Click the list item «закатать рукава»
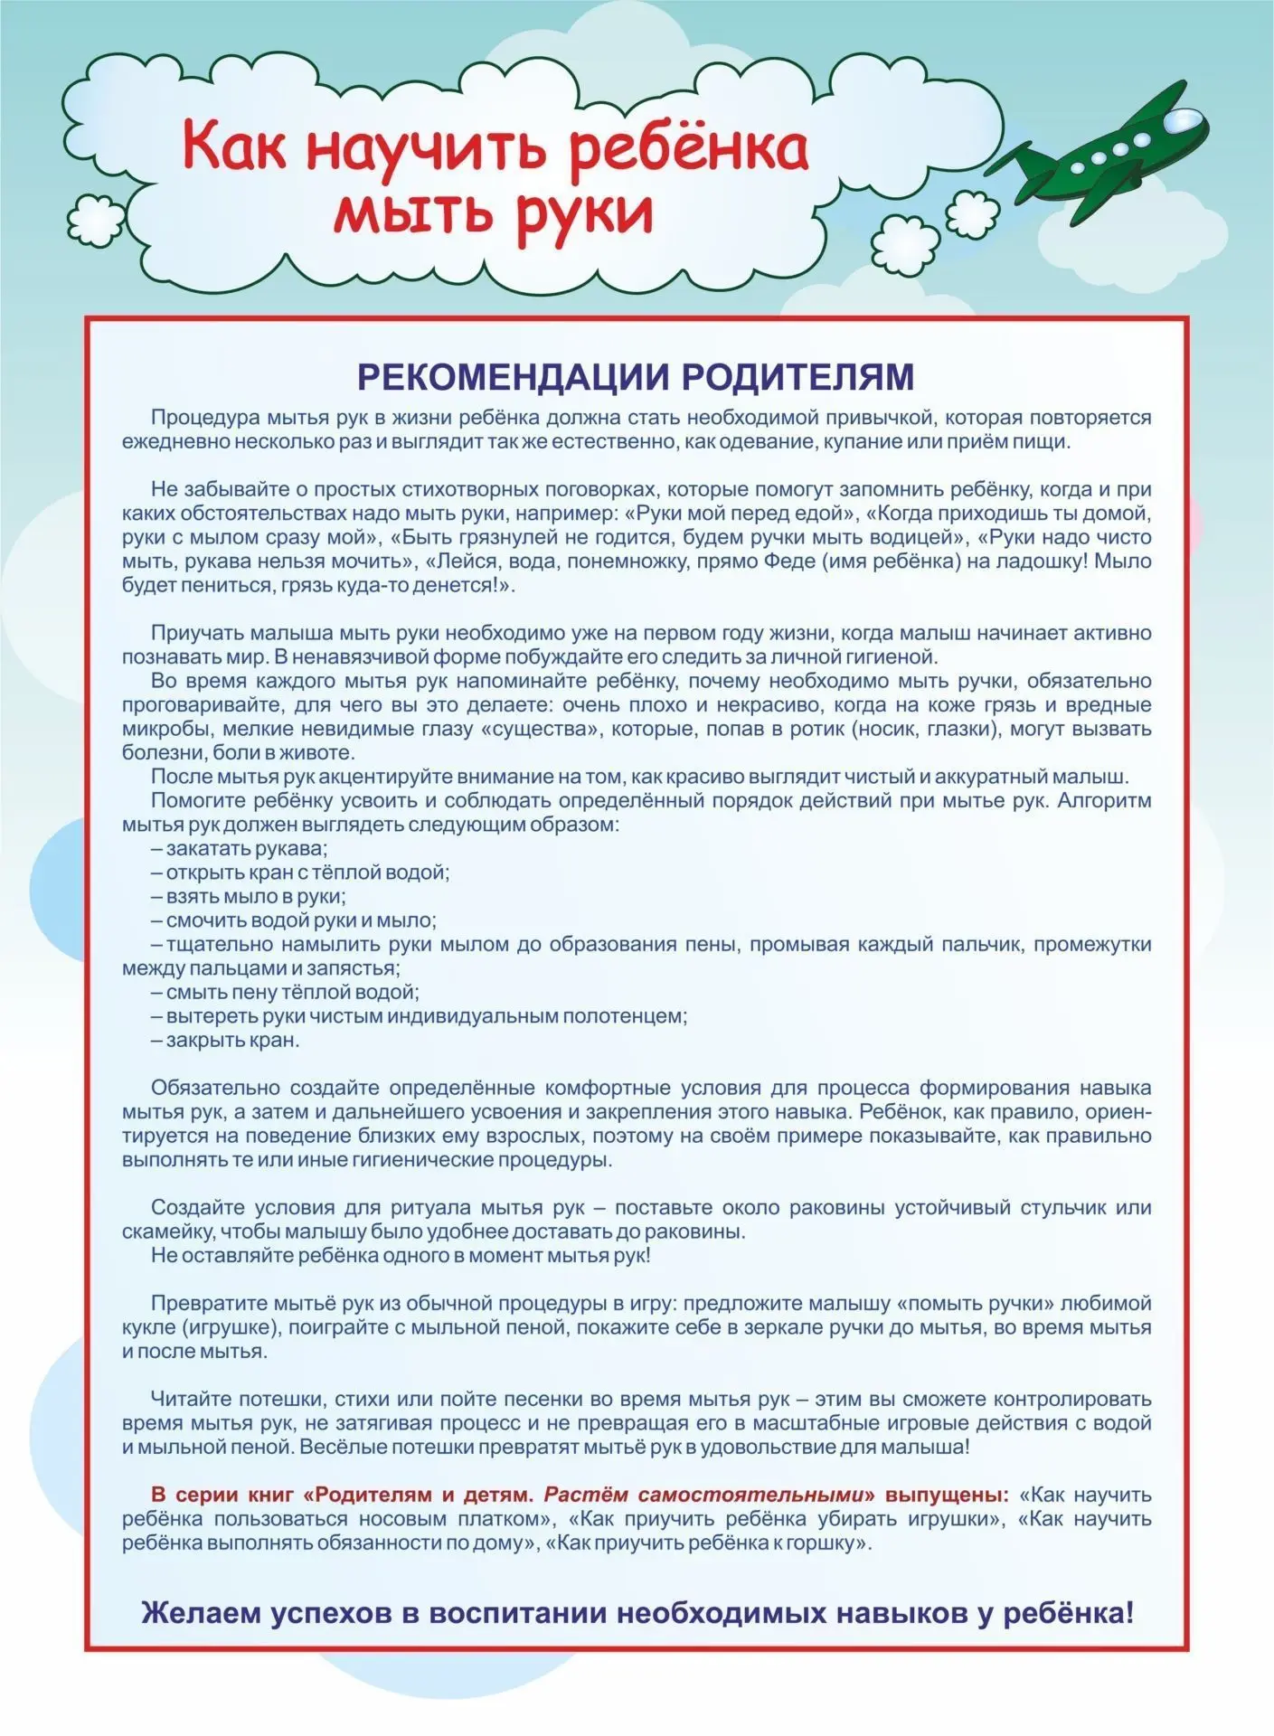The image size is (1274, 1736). click(x=239, y=849)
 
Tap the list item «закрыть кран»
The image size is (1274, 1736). click(x=225, y=1040)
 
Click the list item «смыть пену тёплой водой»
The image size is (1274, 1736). click(x=285, y=992)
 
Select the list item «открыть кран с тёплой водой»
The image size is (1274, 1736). click(x=300, y=873)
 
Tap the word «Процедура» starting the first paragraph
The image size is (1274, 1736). click(x=204, y=418)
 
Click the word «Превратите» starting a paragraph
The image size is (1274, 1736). click(x=208, y=1303)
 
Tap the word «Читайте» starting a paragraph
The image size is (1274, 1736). click(x=188, y=1399)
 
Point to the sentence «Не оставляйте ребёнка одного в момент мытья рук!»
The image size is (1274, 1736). click(x=401, y=1255)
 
